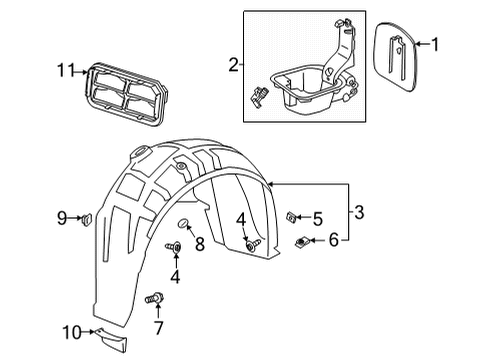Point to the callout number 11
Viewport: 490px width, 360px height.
pos(65,71)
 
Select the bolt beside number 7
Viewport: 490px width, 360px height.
pos(155,297)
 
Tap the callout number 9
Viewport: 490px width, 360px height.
pos(62,217)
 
